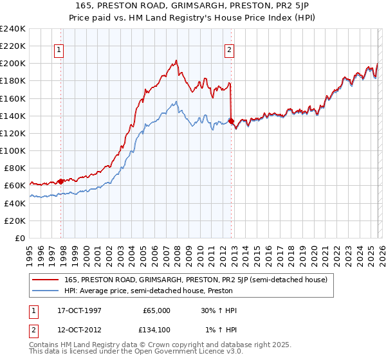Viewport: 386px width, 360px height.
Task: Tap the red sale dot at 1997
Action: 61,181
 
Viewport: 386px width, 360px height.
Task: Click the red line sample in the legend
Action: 46,280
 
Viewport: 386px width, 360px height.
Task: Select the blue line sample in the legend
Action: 46,291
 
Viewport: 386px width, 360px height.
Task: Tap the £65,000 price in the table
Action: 157,310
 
